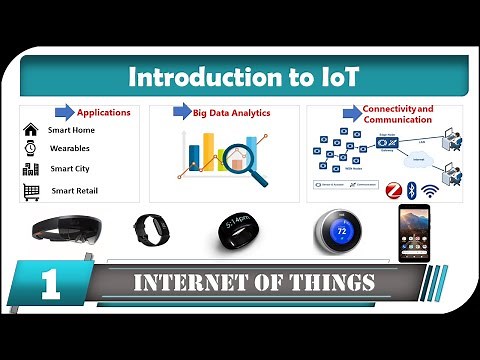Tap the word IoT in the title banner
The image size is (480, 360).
[x=338, y=76]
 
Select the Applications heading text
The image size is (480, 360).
[x=104, y=113]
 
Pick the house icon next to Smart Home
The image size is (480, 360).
[x=30, y=130]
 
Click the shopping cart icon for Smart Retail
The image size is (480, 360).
[x=30, y=190]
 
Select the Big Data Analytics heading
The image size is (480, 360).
[x=232, y=113]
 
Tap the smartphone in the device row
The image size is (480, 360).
[x=413, y=232]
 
